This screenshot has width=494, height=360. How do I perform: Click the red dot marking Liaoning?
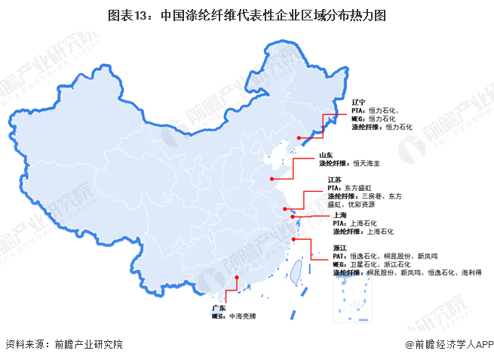(x=299, y=138)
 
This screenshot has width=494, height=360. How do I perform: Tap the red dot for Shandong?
(x=272, y=179)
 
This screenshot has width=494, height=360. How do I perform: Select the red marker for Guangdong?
(x=236, y=278)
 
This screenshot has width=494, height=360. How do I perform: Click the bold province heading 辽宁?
(x=358, y=101)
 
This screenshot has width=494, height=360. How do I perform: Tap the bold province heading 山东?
(x=325, y=155)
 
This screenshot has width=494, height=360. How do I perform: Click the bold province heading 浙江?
(x=339, y=248)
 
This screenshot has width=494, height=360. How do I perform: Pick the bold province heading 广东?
(x=219, y=308)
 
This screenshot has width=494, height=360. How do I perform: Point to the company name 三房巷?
(x=371, y=196)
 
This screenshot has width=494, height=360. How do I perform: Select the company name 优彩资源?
(x=369, y=205)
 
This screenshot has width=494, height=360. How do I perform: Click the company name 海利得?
(x=471, y=272)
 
